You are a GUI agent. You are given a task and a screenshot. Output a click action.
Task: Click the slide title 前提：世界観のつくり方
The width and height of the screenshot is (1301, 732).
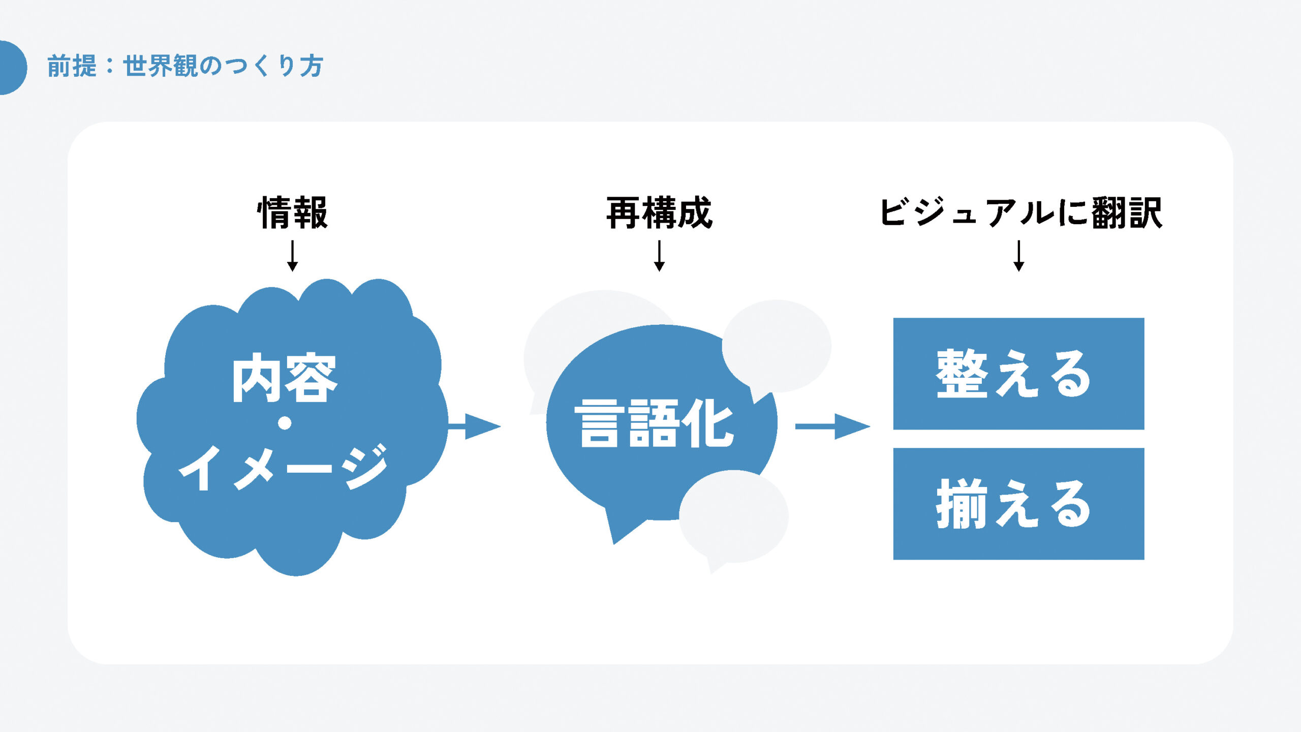(185, 67)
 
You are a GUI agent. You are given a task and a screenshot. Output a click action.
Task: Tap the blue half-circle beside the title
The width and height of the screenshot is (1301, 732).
(11, 68)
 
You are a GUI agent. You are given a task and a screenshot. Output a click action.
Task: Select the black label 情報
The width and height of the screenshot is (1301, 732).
(293, 213)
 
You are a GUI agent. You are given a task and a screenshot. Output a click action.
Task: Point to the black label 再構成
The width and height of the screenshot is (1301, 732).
(659, 213)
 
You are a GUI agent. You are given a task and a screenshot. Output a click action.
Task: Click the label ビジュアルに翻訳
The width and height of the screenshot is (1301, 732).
(1020, 213)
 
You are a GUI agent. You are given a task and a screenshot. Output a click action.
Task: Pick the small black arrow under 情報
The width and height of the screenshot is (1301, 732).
(292, 256)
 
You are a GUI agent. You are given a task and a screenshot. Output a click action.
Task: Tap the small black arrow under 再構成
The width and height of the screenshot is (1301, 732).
(659, 256)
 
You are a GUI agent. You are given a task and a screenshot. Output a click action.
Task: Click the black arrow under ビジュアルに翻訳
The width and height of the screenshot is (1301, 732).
(1018, 256)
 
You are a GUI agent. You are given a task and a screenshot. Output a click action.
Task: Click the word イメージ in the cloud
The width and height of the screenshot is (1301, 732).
(284, 468)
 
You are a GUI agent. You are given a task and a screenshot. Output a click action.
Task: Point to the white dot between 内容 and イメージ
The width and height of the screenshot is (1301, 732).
(285, 423)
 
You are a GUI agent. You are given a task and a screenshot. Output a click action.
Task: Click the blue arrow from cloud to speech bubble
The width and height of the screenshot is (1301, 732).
(475, 426)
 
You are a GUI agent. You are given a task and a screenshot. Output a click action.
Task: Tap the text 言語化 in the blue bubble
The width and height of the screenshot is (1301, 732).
(654, 423)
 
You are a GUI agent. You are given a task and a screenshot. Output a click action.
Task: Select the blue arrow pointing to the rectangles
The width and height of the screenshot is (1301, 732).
(833, 426)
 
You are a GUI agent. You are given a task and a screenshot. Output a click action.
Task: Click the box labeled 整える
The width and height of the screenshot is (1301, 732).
(1018, 374)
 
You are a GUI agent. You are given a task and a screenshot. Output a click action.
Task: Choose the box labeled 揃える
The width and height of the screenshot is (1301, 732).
(1018, 504)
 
